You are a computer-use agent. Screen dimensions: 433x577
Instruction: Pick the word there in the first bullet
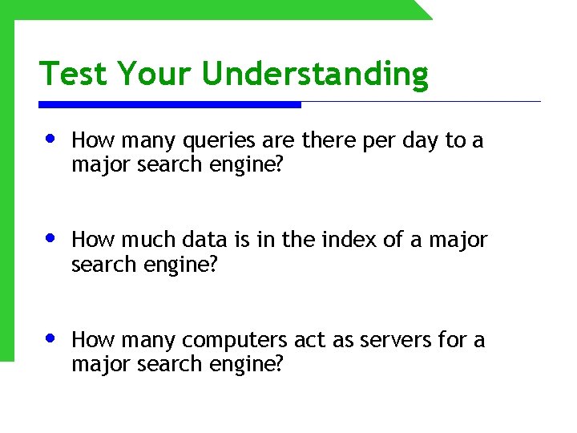point(329,140)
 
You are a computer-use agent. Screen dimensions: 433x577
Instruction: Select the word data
point(204,240)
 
